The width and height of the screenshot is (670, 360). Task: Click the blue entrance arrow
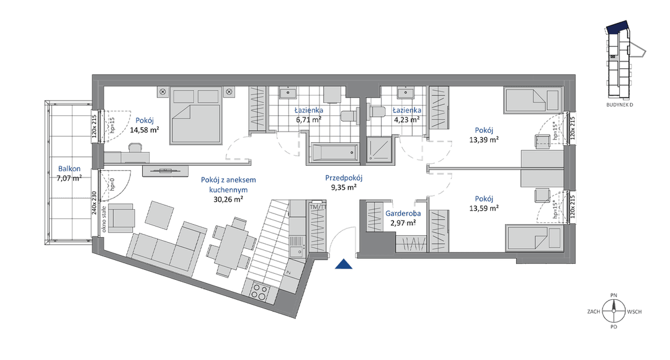pos(342,265)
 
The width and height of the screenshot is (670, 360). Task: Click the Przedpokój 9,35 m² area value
pos(343,187)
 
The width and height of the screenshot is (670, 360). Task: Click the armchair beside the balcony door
pos(123,217)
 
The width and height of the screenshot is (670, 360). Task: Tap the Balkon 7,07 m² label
pos(69,173)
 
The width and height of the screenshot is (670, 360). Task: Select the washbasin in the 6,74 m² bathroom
pos(288,94)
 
